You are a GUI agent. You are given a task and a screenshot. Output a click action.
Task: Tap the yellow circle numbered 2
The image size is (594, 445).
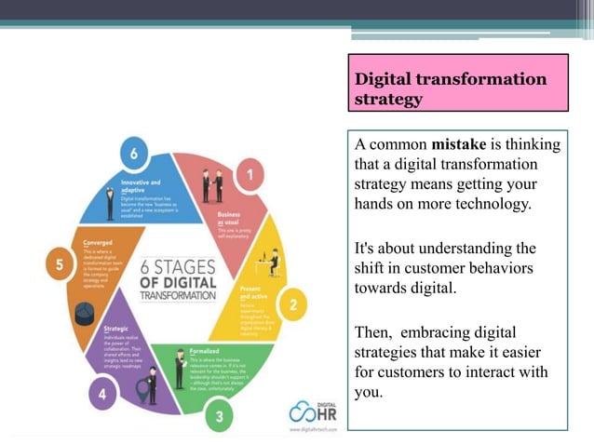[293, 303]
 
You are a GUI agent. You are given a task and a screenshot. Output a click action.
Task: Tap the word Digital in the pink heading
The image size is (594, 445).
[388, 79]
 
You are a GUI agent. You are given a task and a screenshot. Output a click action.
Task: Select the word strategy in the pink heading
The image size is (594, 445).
[388, 99]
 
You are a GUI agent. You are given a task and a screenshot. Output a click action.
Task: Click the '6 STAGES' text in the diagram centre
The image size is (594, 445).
[178, 266]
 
